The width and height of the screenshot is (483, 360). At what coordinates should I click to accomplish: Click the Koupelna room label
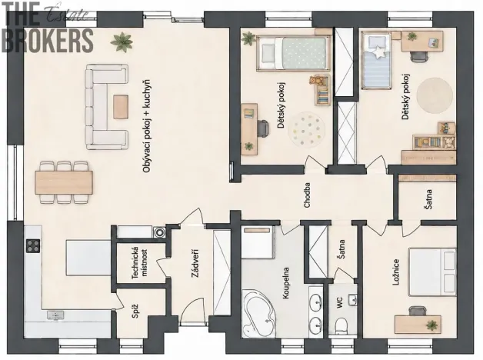point(286,283)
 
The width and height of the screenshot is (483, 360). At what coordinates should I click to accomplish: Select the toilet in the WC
point(341,325)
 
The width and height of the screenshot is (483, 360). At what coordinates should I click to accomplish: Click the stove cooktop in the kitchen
point(33,245)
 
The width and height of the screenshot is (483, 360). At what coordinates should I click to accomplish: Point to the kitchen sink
point(55,315)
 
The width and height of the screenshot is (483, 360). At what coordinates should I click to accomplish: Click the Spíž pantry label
point(135,311)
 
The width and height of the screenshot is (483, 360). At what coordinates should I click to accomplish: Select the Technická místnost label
point(139,262)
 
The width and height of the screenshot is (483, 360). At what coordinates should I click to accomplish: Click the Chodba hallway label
point(307,195)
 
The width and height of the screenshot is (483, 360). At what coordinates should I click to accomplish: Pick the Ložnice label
point(396,272)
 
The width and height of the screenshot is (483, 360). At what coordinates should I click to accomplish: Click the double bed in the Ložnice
point(432,272)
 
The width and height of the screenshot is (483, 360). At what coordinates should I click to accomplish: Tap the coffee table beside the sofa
point(121,107)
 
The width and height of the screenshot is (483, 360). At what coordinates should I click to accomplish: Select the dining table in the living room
point(64,182)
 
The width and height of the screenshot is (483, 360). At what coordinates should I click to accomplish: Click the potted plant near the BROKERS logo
point(122,42)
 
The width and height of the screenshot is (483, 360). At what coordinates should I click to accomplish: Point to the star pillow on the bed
point(380,52)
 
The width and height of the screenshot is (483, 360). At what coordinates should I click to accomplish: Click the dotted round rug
point(306,130)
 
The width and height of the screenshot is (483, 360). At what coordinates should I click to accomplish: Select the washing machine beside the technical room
point(159,232)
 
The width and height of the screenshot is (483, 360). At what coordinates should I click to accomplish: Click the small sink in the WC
point(352,299)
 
